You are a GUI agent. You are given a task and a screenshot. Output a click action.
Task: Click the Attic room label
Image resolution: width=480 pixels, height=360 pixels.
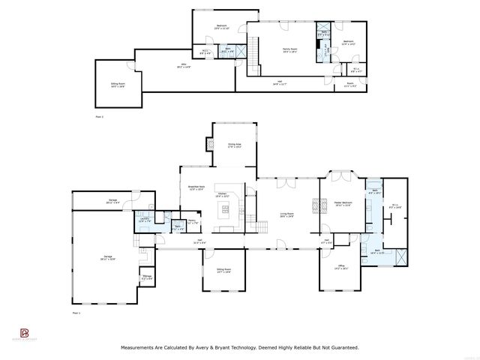[x=185, y=65]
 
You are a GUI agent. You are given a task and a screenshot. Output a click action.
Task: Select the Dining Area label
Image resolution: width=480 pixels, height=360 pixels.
[x=235, y=146]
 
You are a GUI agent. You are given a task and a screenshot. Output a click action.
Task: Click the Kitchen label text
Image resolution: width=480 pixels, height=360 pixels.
[x=223, y=195]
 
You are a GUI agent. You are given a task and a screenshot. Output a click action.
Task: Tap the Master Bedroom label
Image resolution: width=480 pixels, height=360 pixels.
[x=340, y=205]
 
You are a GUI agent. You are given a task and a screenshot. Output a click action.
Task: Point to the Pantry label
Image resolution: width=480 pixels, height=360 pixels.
[x=192, y=222]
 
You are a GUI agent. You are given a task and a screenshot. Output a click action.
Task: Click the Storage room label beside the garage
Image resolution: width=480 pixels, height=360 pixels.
[x=146, y=278]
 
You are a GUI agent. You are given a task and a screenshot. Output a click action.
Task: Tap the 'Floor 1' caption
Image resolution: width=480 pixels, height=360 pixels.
[x=76, y=311]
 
